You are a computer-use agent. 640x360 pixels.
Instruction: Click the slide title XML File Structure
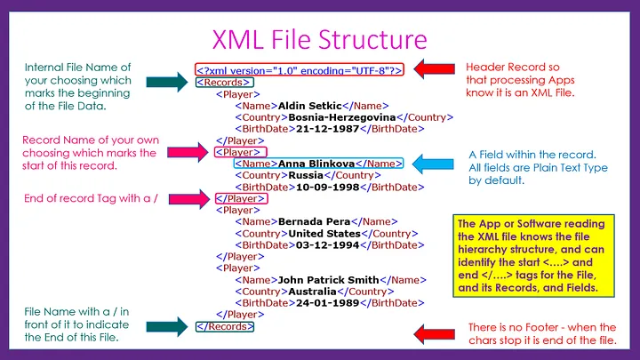point(319,39)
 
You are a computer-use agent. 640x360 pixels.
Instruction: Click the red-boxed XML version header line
point(301,69)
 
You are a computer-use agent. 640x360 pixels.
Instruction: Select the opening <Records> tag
point(218,84)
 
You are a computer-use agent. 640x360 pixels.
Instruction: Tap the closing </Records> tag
point(224,326)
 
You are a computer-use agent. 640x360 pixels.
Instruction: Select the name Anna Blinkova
point(316,164)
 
